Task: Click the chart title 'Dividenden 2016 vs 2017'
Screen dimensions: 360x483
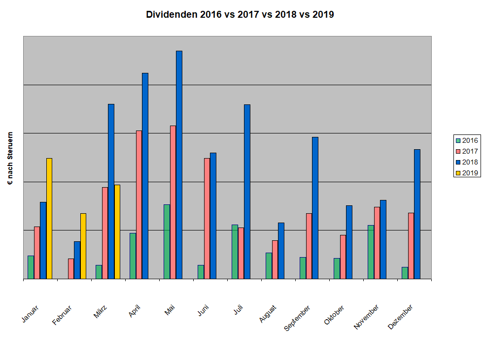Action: click(240, 14)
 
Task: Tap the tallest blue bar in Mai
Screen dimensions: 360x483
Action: click(179, 164)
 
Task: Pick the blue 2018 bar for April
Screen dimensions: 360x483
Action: click(145, 176)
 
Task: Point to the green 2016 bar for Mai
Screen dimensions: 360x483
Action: click(167, 241)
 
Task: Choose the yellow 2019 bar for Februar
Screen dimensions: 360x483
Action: click(83, 246)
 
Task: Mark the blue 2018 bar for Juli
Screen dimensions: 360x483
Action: click(247, 192)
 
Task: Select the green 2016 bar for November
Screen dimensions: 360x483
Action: click(371, 252)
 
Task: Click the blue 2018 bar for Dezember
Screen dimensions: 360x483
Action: click(417, 214)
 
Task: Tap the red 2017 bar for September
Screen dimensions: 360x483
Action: click(309, 246)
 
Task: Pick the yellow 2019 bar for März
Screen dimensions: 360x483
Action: click(117, 231)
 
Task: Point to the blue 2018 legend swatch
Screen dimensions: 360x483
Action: click(458, 162)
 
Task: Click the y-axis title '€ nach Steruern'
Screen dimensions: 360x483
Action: click(10, 159)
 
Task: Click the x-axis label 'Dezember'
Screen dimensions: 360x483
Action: click(401, 317)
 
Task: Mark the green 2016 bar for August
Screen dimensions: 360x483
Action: click(269, 265)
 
